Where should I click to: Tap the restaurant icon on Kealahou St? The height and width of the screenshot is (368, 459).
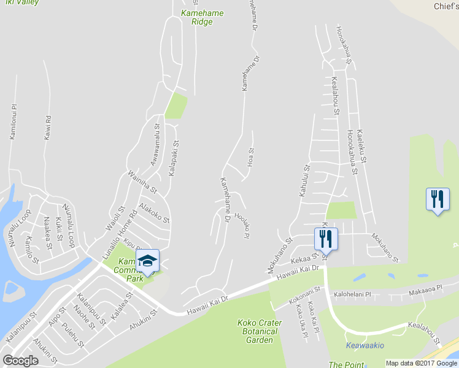tap(325, 238)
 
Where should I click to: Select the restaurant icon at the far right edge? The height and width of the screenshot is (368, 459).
tap(438, 199)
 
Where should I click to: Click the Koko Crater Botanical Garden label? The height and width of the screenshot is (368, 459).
tap(258, 331)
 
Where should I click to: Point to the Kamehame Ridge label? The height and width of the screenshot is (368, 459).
tap(202, 17)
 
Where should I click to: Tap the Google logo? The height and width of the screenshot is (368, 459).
tap(20, 361)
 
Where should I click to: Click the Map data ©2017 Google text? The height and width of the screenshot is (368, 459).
tap(422, 363)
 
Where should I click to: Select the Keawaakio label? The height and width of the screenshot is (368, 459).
tap(365, 345)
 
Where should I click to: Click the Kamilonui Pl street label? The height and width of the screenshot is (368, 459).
tap(12, 121)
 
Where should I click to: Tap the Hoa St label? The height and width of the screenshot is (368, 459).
tap(250, 157)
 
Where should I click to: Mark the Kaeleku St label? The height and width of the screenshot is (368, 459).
tap(361, 148)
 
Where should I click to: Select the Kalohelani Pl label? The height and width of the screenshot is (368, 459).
tap(352, 294)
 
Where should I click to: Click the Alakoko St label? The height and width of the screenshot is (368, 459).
tap(154, 213)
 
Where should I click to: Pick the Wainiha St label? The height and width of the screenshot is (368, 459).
tap(142, 182)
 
